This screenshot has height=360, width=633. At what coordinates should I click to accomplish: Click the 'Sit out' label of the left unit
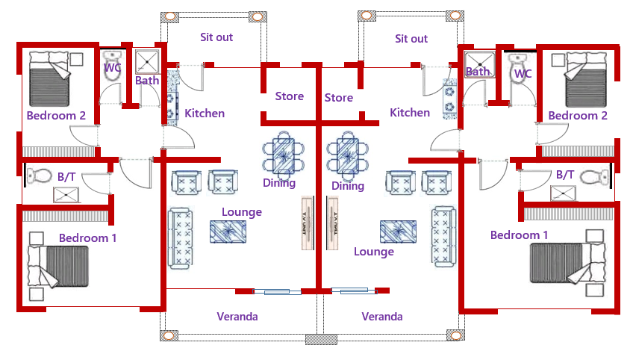click(x=216, y=37)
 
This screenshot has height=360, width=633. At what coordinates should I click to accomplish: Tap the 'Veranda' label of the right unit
click(x=382, y=317)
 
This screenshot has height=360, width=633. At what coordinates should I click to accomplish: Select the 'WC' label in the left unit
click(x=113, y=68)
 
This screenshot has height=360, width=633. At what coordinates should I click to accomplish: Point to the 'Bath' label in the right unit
click(x=477, y=72)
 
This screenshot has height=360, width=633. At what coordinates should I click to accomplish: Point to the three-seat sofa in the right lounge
click(x=443, y=237)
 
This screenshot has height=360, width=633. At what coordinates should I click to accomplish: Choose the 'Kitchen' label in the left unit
click(x=205, y=114)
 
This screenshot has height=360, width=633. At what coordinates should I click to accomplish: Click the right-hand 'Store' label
click(x=339, y=98)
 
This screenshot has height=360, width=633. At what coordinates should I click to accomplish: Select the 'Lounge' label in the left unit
click(x=242, y=212)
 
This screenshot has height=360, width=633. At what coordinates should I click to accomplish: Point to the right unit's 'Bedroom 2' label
click(x=578, y=116)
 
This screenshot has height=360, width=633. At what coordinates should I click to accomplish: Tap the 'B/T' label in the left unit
click(x=66, y=177)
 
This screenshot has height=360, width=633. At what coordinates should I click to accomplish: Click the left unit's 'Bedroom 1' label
click(x=88, y=238)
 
